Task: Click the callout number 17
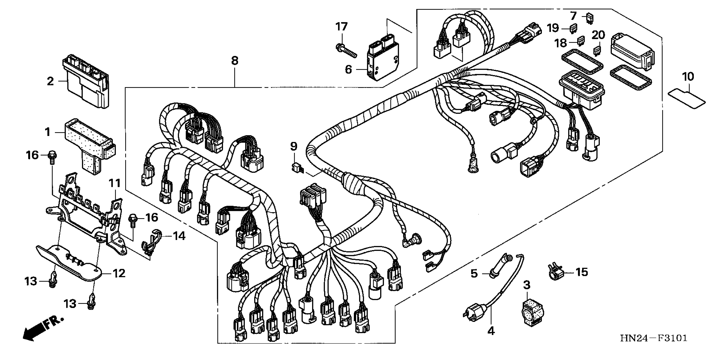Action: tap(341, 27)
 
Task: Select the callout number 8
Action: tap(235, 61)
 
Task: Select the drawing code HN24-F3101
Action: tap(654, 338)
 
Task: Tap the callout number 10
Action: tap(688, 76)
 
